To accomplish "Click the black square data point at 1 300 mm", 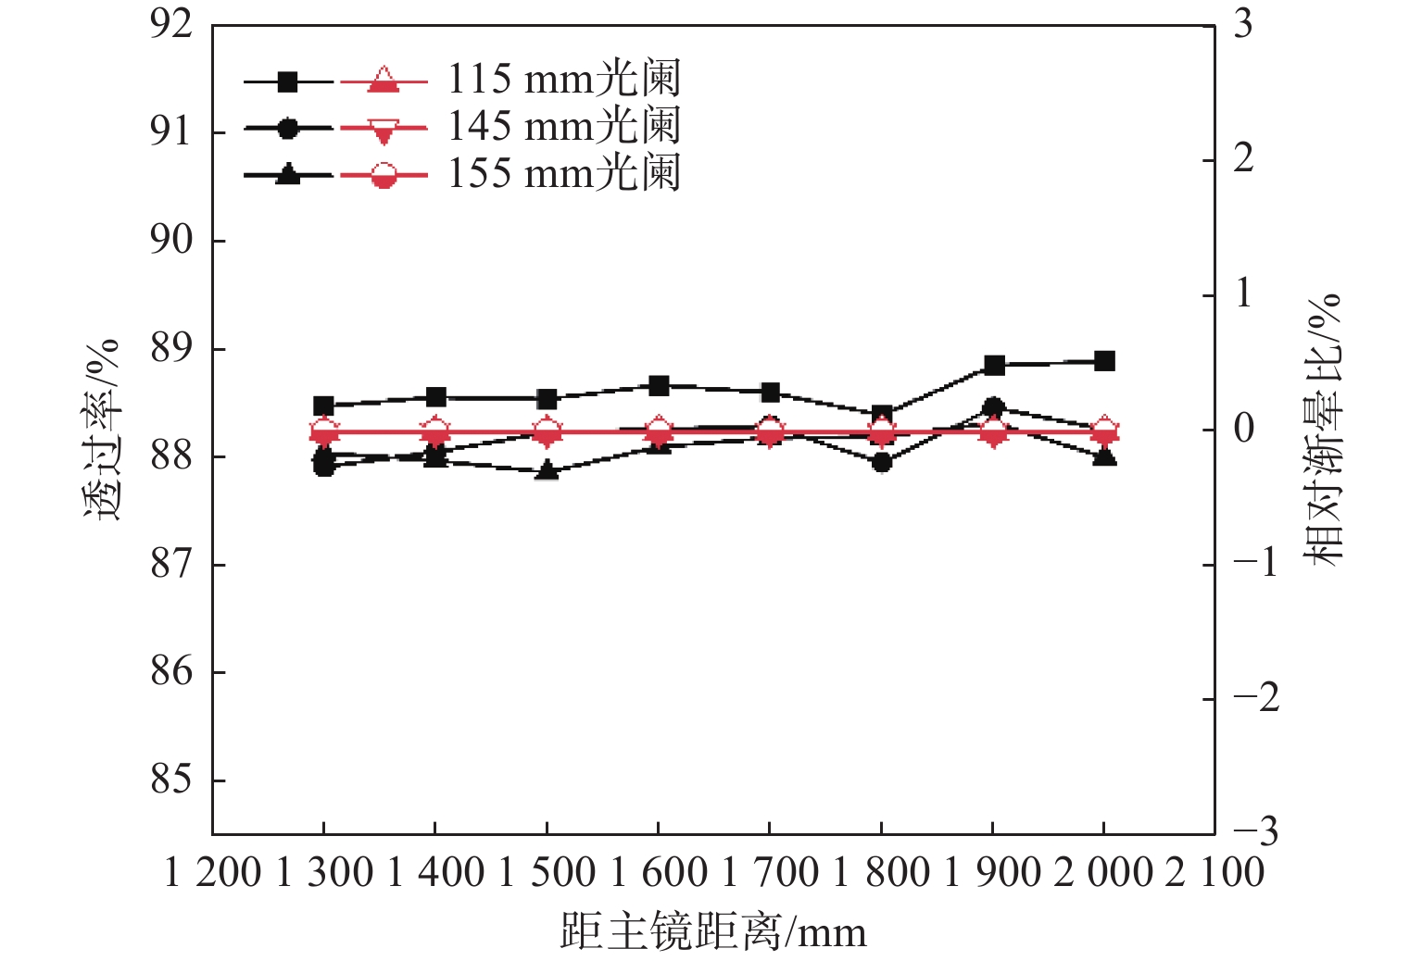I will pos(323,406).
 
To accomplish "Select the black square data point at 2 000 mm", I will pos(1104,361).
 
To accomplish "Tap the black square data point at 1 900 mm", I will pos(994,365).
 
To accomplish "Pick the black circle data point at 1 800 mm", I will pos(882,461).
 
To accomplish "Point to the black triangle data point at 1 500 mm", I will pos(547,470).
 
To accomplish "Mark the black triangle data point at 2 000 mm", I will pos(1104,456).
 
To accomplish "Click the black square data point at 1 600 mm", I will pos(659,385).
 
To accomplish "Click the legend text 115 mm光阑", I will pos(564,79).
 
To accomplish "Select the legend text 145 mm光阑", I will pos(564,126).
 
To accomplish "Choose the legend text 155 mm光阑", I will pos(564,173).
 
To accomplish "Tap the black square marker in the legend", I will pos(288,81).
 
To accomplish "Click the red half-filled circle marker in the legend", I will pos(384,175).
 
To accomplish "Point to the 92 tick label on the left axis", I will pos(171,24).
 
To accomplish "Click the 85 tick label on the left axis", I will pos(171,780).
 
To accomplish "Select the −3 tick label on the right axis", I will pos(1256,831).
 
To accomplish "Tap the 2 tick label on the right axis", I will pos(1243,158).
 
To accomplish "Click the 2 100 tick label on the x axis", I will pos(1214,873).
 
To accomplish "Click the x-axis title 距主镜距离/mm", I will pos(713,931).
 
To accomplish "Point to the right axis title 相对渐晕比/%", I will pos(1322,429).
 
